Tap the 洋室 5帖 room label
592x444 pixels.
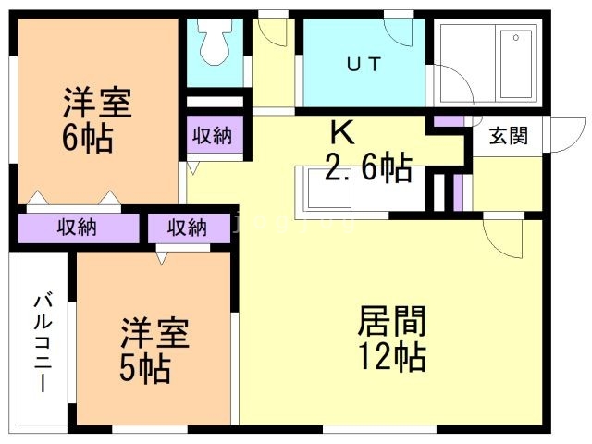coord(154,351)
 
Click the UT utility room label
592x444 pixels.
coord(365,64)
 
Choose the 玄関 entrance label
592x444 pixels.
coord(508,136)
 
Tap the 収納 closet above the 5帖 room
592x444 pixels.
coord(188,228)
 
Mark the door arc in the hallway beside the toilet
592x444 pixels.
coord(272,31)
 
